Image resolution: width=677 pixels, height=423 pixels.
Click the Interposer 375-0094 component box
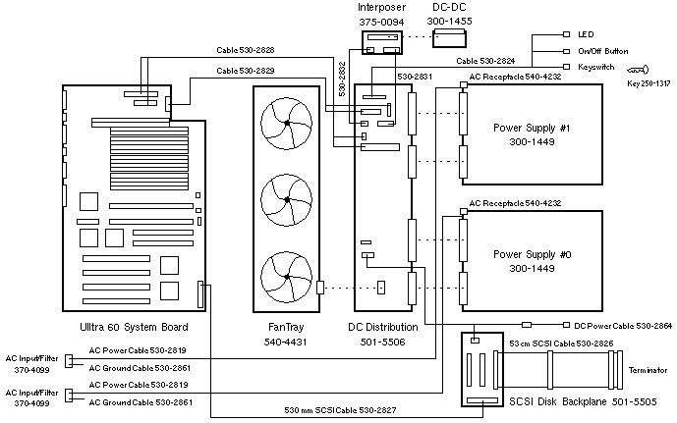click(x=380, y=42)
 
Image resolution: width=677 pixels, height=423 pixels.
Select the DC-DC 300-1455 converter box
click(x=450, y=37)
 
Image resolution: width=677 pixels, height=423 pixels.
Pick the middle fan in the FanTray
click(x=286, y=199)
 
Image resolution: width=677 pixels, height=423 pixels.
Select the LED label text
click(x=586, y=34)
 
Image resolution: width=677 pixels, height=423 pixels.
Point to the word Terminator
click(x=647, y=370)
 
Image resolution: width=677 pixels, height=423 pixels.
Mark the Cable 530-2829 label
click(x=245, y=71)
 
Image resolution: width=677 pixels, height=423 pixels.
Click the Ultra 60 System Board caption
click(x=133, y=327)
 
